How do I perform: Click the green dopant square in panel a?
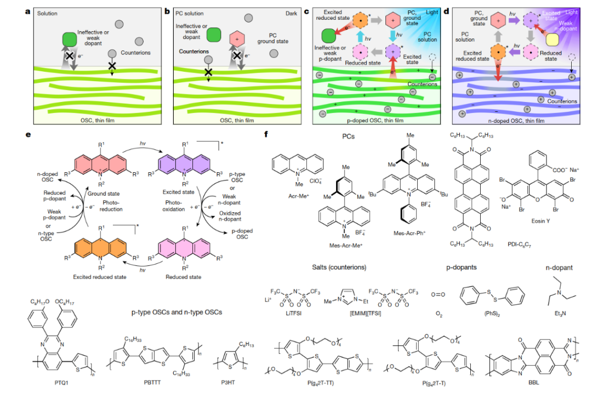coord(70,39)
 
